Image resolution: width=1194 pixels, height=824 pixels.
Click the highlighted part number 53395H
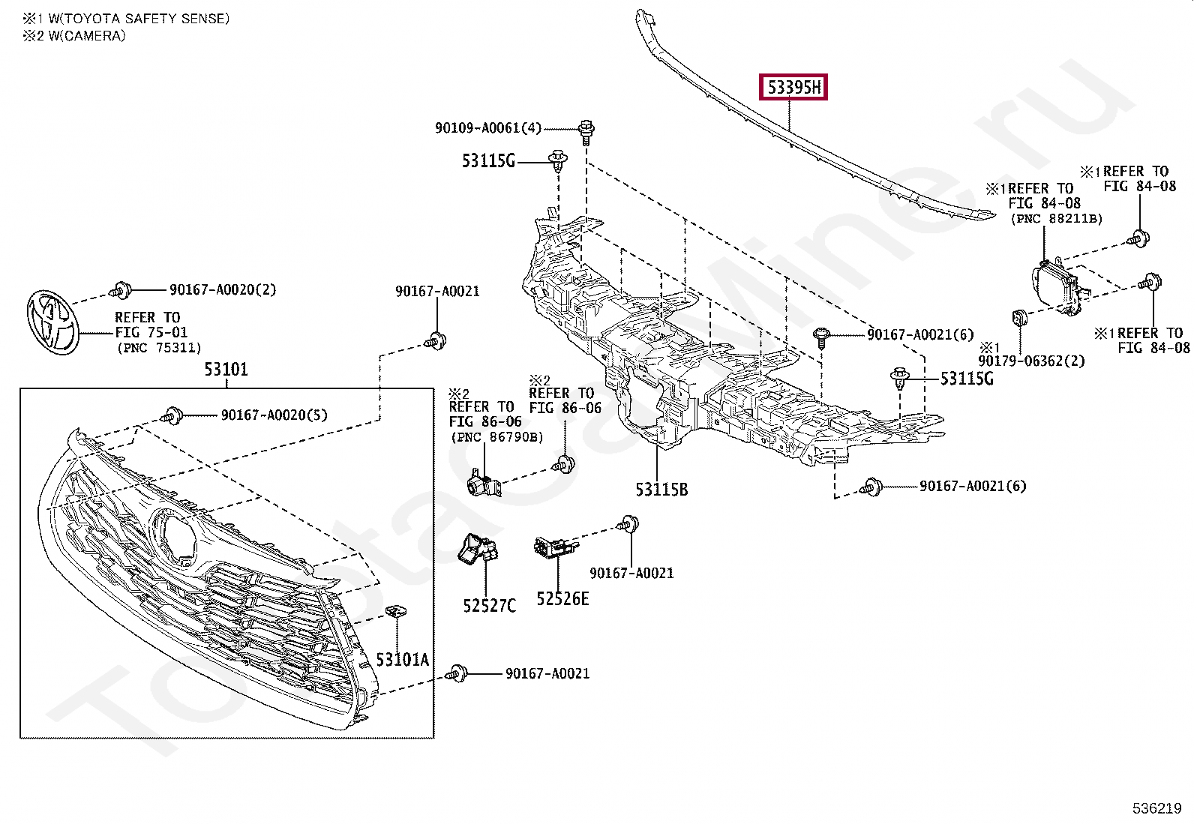point(793,87)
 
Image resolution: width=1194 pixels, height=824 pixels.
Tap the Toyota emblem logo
point(52,323)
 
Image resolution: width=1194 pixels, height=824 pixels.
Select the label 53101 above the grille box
point(226,369)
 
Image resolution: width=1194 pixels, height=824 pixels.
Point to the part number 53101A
point(403,660)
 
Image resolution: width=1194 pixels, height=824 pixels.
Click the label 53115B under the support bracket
point(661,490)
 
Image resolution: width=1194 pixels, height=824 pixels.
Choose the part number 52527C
point(489,606)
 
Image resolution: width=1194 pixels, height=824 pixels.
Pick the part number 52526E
point(562,599)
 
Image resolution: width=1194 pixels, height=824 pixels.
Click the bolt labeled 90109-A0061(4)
point(586,133)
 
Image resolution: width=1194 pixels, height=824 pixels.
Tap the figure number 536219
point(1157,808)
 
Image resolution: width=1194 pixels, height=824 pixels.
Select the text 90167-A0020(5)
point(274,415)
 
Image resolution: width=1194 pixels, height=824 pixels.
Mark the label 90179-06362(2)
point(1031,361)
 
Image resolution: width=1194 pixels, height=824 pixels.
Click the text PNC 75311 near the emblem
point(160,348)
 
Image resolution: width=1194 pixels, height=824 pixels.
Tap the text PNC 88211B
point(1057,218)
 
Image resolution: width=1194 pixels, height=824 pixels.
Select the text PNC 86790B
point(497,437)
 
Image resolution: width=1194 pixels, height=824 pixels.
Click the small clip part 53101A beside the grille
point(395,611)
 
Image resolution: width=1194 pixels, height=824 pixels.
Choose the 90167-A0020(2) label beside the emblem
point(223,289)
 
